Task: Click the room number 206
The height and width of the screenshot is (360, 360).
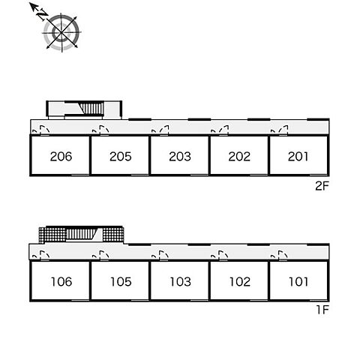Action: pos(61,157)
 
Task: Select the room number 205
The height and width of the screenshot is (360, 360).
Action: pos(121,157)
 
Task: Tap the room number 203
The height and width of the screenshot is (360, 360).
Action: pos(180,157)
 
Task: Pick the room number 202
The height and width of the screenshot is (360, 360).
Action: pos(239,157)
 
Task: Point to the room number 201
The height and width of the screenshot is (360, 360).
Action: pos(298,157)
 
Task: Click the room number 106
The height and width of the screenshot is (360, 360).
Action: pos(61,282)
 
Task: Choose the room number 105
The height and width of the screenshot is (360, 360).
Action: pos(121,282)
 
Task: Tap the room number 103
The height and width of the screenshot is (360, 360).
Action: pos(181,282)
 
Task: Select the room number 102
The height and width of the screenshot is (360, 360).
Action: pos(240,282)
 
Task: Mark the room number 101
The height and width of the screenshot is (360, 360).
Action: pos(298,282)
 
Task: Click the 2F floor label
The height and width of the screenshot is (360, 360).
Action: pos(322,186)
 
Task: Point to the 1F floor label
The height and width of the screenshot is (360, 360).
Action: pos(322,310)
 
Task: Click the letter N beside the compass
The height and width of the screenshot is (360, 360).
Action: pos(42,15)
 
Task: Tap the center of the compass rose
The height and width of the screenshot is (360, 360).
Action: pos(61,33)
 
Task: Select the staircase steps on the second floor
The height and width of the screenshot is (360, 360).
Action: pos(91,109)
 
